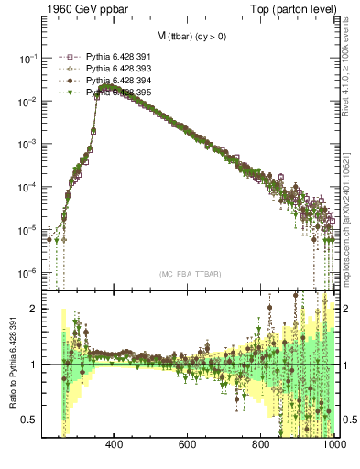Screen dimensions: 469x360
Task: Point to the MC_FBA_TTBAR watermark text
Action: pyautogui.click(x=191, y=274)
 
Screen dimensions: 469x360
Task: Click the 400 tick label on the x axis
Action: pyautogui.click(x=115, y=446)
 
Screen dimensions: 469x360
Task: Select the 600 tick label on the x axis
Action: pyautogui.click(x=188, y=446)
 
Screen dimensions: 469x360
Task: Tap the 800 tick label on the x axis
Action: pyautogui.click(x=262, y=446)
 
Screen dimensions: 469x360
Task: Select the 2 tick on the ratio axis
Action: pyautogui.click(x=34, y=310)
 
